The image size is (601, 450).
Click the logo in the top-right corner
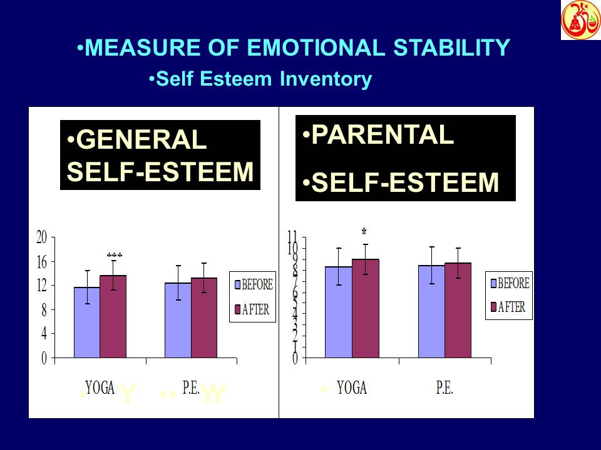[x=580, y=20]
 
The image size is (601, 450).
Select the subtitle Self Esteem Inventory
[x=264, y=79]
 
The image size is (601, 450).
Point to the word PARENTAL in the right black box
[x=382, y=135]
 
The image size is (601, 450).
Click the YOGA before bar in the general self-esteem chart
[x=87, y=323]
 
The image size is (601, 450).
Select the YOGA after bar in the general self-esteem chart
[x=113, y=317]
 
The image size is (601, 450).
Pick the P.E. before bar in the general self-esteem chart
[x=178, y=321]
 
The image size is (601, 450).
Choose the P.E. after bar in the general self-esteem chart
[x=204, y=318]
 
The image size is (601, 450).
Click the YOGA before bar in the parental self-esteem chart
[x=338, y=312]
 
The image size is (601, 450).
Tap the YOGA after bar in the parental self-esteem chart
[x=365, y=309]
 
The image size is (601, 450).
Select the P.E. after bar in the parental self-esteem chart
[x=458, y=311]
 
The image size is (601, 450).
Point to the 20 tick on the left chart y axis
[x=41, y=237]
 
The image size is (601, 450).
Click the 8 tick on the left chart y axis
[x=44, y=310]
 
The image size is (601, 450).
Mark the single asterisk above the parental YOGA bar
[x=364, y=232]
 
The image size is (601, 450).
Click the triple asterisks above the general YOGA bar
[x=115, y=255]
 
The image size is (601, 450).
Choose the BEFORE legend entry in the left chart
[x=253, y=285]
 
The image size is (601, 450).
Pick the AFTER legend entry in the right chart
[x=508, y=307]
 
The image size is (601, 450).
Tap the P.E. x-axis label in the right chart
[x=444, y=387]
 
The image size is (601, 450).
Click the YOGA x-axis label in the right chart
[x=351, y=387]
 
